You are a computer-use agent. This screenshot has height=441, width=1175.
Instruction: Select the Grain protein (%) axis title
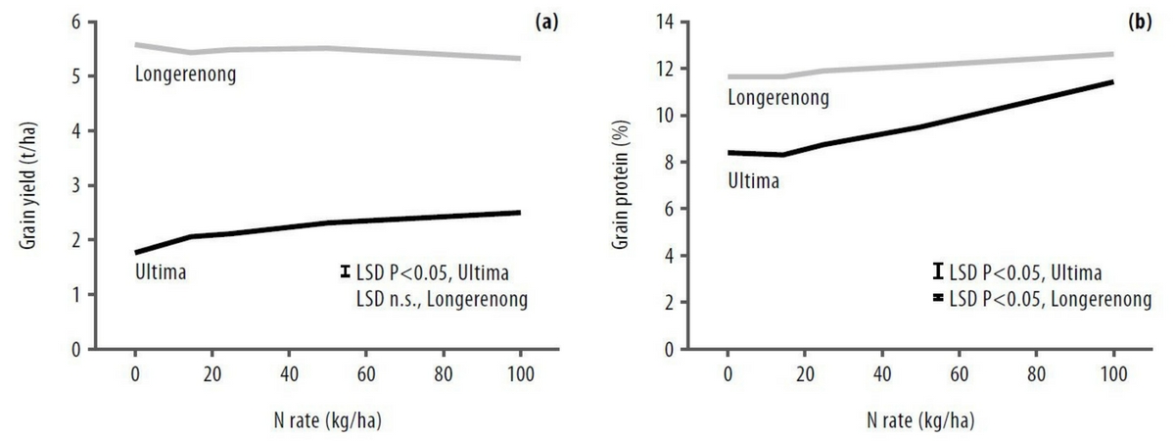coord(620,182)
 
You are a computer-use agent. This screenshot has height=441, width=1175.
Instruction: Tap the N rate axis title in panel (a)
coord(327,422)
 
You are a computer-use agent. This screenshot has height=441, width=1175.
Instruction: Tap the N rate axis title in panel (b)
coord(919,422)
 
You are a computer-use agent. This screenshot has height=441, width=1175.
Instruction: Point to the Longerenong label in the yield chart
coord(185,73)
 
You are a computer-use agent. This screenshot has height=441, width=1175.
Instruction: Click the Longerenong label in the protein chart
coord(778,97)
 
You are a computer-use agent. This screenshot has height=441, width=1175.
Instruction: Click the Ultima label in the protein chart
coord(753,180)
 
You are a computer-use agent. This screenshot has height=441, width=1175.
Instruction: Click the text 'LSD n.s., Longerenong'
coord(443,299)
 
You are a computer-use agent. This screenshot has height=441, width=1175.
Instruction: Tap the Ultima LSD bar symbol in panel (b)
coord(937,271)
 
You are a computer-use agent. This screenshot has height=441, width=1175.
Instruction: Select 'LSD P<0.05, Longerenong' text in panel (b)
coord(1050,298)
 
